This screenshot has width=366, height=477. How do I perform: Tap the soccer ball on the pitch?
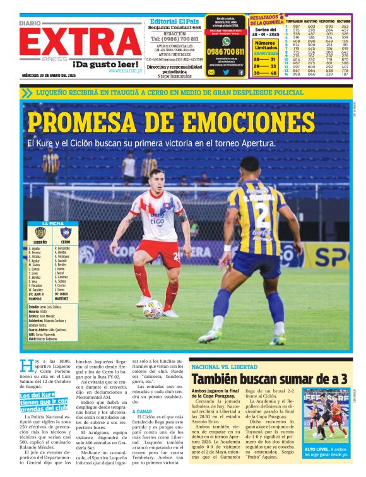point(152,309)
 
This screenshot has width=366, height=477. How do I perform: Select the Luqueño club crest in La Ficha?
point(40,233)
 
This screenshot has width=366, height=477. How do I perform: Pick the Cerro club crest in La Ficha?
point(66,233)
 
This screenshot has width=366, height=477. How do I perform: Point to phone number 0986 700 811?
point(226,52)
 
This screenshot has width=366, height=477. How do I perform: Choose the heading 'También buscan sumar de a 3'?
point(269,379)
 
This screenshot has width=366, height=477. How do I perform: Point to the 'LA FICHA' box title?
point(52,223)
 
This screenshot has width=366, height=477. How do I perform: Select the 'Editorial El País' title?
point(175,21)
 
